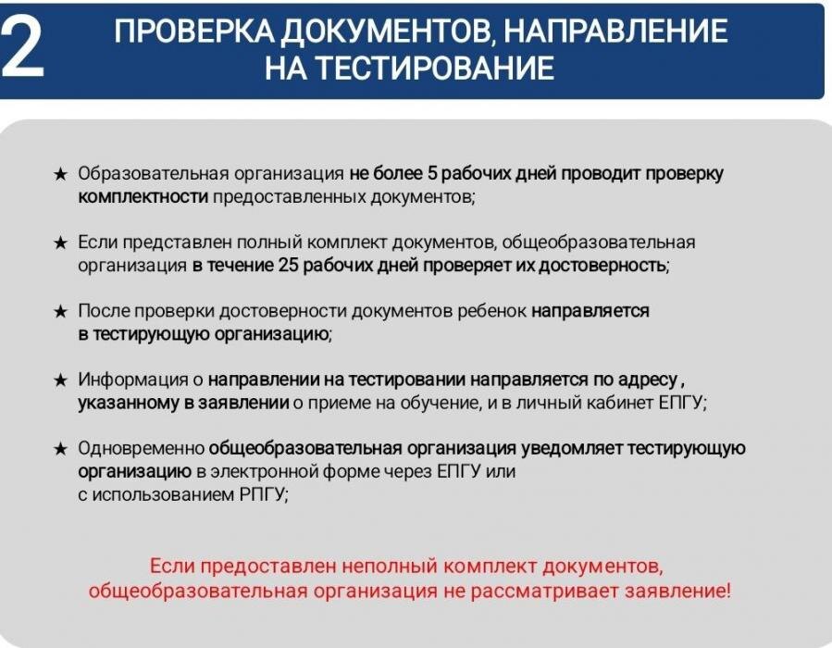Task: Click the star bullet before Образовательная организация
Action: coord(60,174)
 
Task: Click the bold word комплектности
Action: coord(143,196)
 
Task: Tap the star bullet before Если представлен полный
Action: coord(60,243)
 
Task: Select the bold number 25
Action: coord(288,265)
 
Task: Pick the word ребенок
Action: coord(495,311)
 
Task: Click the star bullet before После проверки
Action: coord(60,311)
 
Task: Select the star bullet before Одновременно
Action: coord(60,449)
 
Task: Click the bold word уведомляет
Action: coord(572,449)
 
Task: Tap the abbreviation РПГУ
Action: coord(262,494)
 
